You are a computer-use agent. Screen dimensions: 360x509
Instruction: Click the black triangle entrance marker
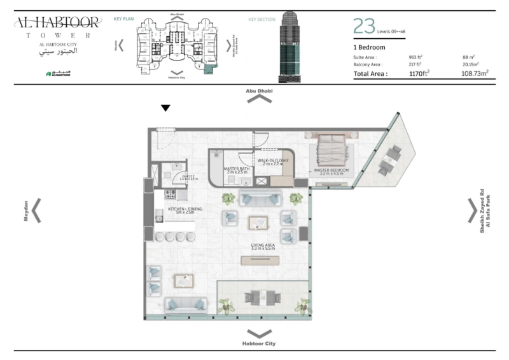[x=165, y=108]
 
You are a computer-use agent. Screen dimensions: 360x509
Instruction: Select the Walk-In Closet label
[x=273, y=162]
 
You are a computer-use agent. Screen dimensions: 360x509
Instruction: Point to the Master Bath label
[x=235, y=170]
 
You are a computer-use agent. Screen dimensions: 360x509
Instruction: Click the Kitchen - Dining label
[x=184, y=210]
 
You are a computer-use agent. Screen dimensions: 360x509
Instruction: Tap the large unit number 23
[x=364, y=26]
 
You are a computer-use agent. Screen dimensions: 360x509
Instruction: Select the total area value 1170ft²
[x=419, y=74]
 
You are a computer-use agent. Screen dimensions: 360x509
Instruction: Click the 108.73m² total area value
[x=475, y=74]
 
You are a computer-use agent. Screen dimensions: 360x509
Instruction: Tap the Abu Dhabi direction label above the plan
[x=259, y=91]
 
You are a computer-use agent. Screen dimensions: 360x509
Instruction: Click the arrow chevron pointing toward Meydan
[x=37, y=211]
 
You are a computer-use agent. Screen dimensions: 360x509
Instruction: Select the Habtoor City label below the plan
[x=259, y=343]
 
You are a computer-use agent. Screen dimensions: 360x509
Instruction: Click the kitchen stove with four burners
[x=171, y=195]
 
